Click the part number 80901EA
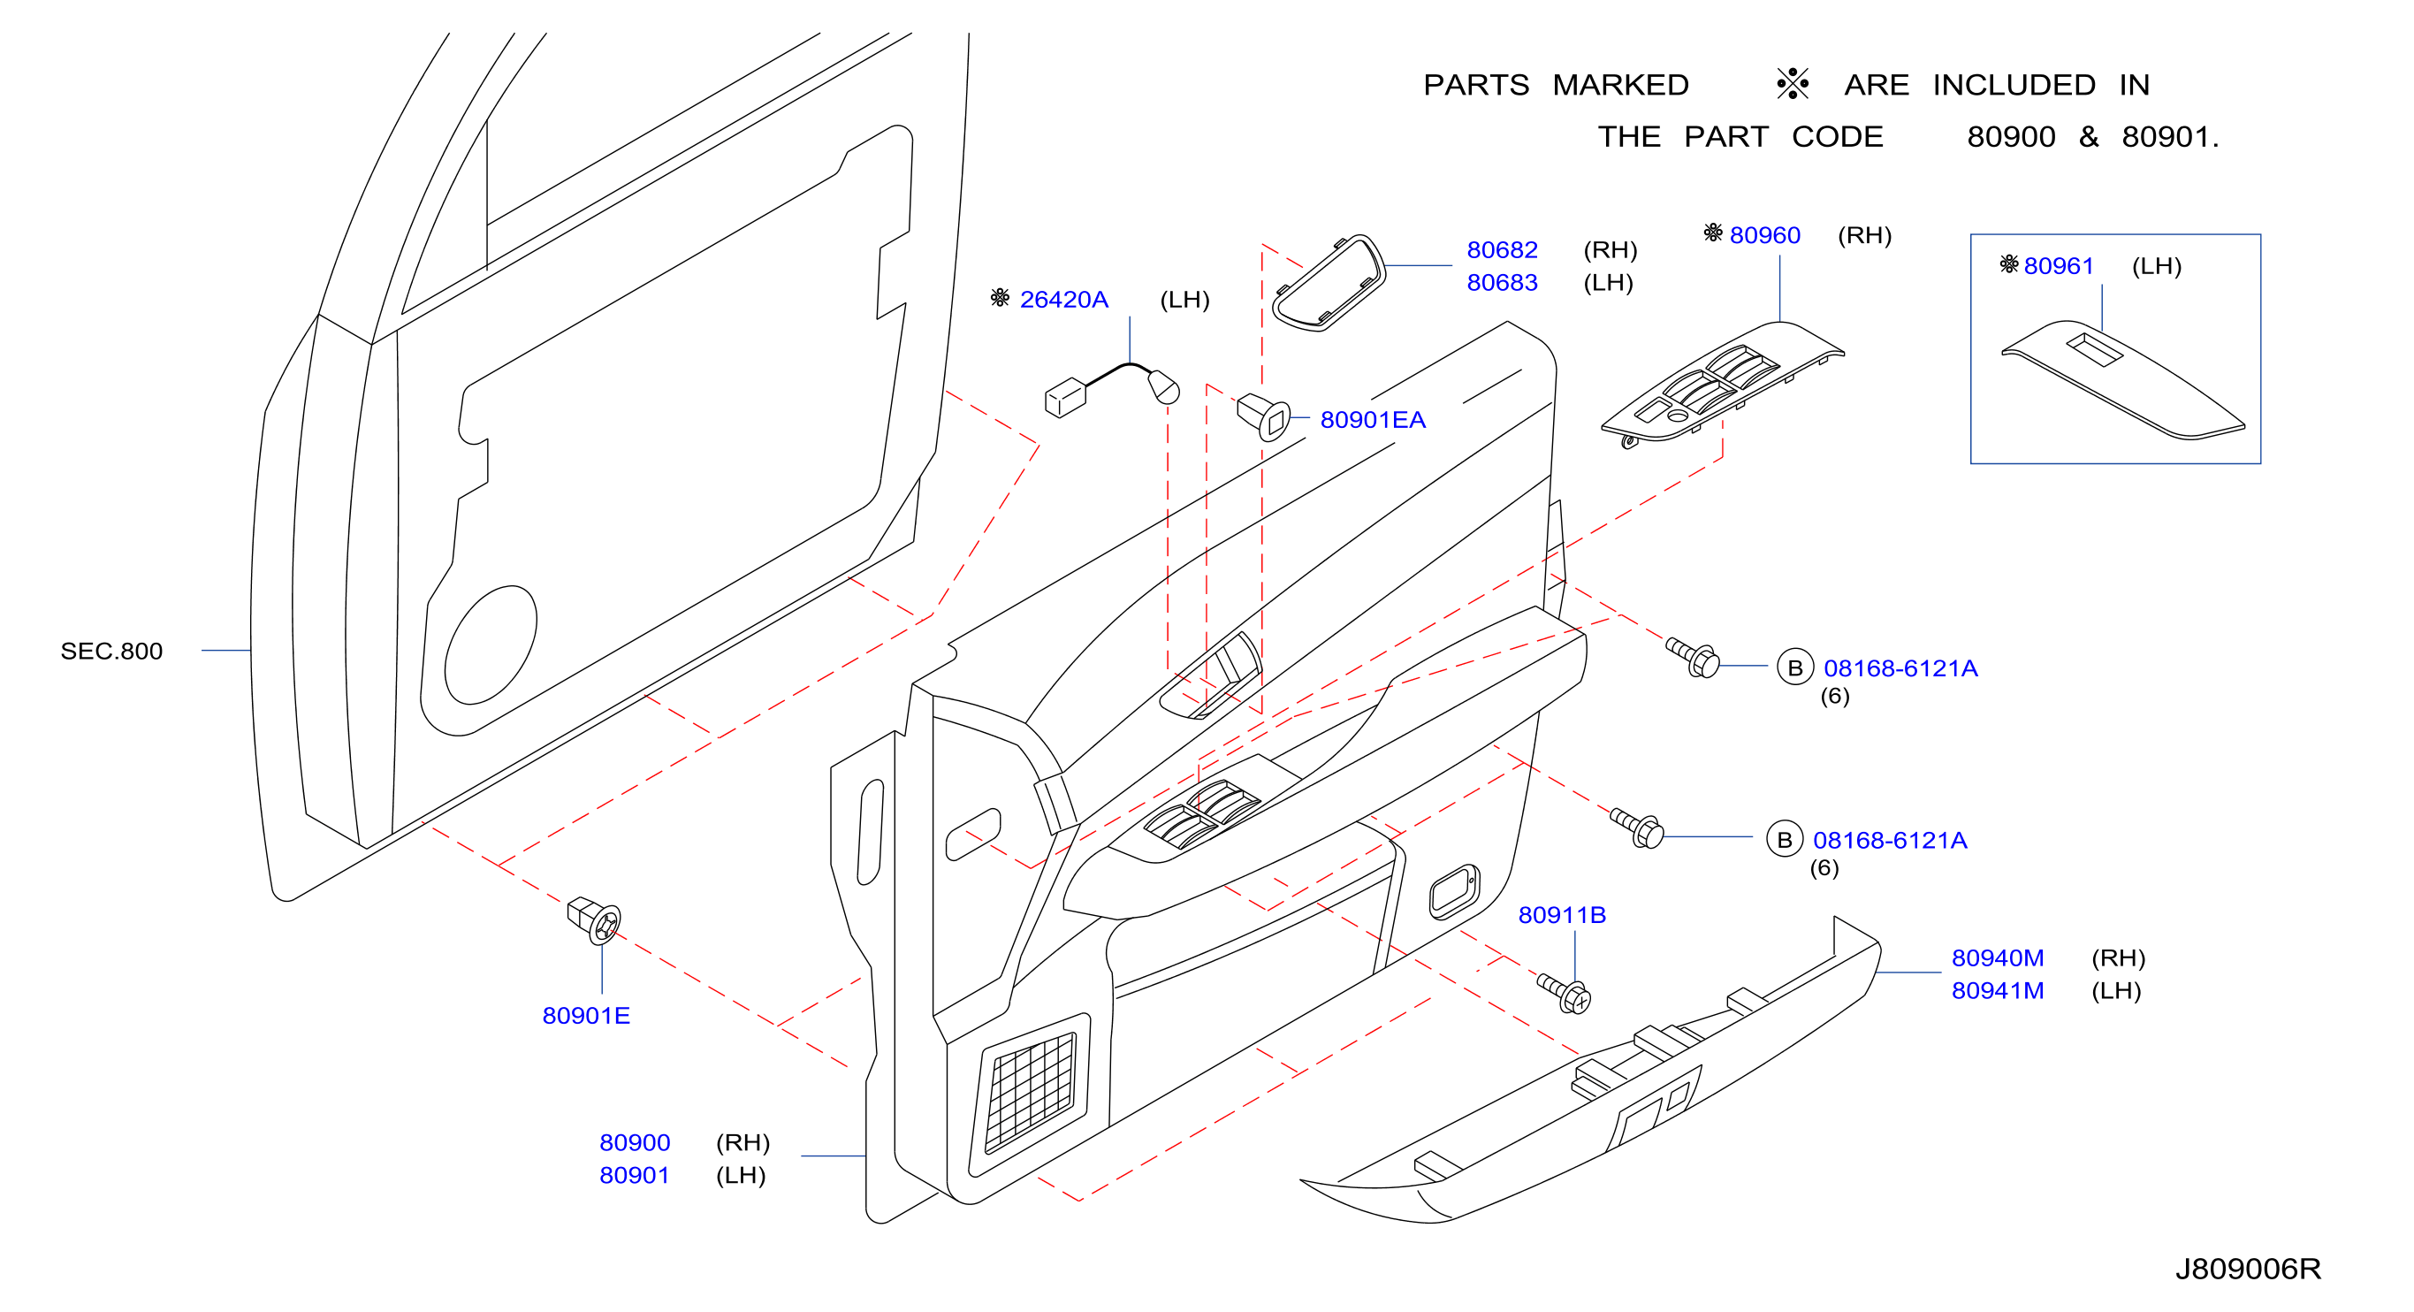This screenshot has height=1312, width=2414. point(1372,420)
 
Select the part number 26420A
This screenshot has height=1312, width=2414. point(1063,299)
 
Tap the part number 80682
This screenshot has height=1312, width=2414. point(1501,249)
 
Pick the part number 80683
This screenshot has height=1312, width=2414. point(1501,282)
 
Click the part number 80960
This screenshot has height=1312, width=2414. point(1764,234)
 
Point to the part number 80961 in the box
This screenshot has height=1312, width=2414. point(2058,265)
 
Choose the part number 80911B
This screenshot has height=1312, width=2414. point(1561,915)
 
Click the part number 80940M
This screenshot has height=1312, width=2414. point(1997,957)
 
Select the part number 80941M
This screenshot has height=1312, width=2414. point(1997,990)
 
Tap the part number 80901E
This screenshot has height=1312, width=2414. point(586,1015)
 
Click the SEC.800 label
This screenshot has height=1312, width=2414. point(111,651)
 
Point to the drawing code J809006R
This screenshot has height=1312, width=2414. point(2247,1269)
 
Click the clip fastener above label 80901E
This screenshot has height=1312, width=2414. point(594,919)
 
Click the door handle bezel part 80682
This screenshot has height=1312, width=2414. point(1329,282)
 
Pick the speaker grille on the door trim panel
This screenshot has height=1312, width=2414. point(1029,1093)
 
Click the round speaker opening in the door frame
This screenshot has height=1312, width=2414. point(490,645)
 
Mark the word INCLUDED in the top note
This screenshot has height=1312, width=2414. point(2014,85)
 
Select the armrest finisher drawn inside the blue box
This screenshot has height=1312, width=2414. point(2122,379)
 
